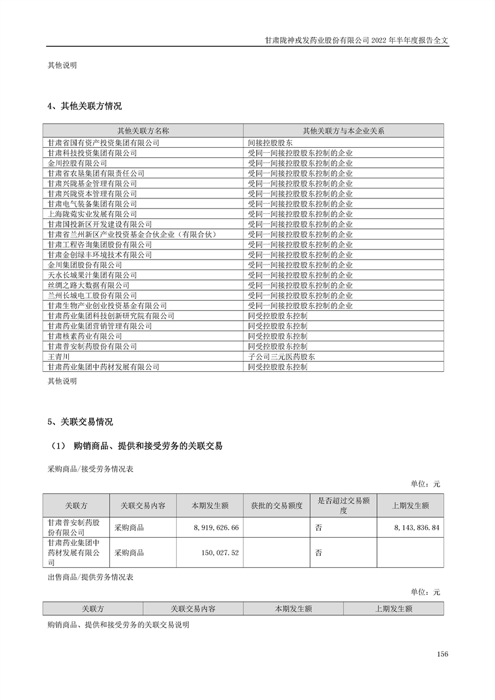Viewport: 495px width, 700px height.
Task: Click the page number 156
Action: click(443, 654)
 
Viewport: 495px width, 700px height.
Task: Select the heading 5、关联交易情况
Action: click(80, 422)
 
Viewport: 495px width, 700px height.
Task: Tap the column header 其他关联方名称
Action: click(143, 131)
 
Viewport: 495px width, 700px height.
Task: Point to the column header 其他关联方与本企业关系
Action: click(343, 131)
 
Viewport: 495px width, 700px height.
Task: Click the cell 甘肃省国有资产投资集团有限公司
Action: click(104, 143)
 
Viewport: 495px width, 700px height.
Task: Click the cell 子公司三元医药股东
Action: click(282, 357)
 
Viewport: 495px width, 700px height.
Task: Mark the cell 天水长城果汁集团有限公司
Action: click(92, 275)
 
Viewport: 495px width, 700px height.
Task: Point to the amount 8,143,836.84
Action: click(417, 528)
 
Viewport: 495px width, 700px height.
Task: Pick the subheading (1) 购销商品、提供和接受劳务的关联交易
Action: click(135, 445)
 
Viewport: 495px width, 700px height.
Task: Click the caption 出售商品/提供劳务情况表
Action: click(91, 578)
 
